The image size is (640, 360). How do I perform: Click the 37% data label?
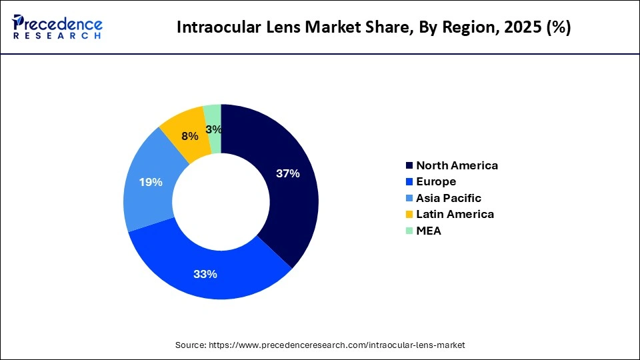(288, 173)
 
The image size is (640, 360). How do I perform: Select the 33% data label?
(205, 274)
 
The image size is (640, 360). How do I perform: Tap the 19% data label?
(151, 182)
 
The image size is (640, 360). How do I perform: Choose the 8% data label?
(190, 136)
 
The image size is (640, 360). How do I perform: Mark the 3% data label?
(214, 129)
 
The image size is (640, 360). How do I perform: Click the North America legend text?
(457, 165)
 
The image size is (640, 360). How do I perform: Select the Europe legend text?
(436, 181)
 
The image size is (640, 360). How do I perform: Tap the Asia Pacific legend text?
(448, 198)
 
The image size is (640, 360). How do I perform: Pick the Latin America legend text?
(455, 214)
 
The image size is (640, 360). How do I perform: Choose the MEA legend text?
(428, 231)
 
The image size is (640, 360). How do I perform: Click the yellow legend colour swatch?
(408, 215)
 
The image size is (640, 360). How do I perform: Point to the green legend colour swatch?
(408, 231)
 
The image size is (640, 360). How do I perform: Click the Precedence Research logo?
(57, 27)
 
